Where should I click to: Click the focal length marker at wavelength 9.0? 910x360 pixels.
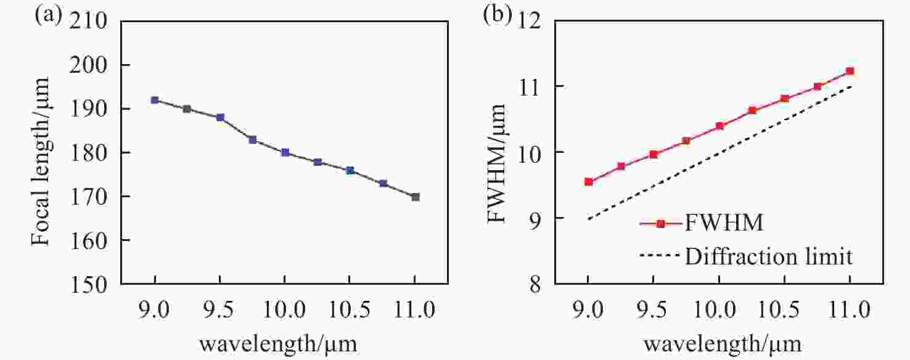coord(155,100)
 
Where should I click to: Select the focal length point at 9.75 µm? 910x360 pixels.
coord(253,139)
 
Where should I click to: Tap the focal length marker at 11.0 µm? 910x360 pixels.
coord(416,197)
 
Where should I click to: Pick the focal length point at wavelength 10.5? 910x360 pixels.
coord(350,170)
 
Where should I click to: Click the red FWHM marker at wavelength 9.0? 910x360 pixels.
coord(589,182)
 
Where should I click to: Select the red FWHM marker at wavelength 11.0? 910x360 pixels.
coord(850,71)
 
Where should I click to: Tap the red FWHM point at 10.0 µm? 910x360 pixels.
coord(719,126)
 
